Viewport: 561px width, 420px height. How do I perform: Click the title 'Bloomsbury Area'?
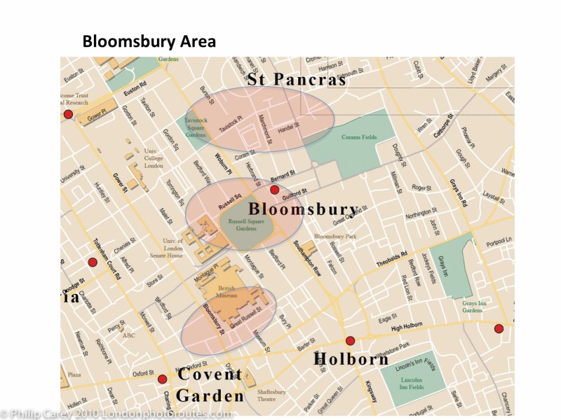pyautogui.click(x=149, y=41)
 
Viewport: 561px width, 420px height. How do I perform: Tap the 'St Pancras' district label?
pyautogui.click(x=297, y=80)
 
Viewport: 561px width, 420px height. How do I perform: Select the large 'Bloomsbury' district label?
pyautogui.click(x=304, y=209)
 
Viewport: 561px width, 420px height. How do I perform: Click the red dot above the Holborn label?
pyautogui.click(x=351, y=341)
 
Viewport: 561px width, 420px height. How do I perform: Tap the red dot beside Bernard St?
pyautogui.click(x=275, y=190)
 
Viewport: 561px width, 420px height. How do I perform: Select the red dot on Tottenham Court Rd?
pyautogui.click(x=92, y=262)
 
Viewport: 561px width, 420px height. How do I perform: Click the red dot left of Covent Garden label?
pyautogui.click(x=163, y=379)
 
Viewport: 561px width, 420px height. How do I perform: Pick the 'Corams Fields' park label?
pyautogui.click(x=359, y=137)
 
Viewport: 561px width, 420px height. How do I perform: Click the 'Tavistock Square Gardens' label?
pyautogui.click(x=196, y=127)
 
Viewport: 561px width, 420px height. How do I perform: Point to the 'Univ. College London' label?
pyautogui.click(x=154, y=157)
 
